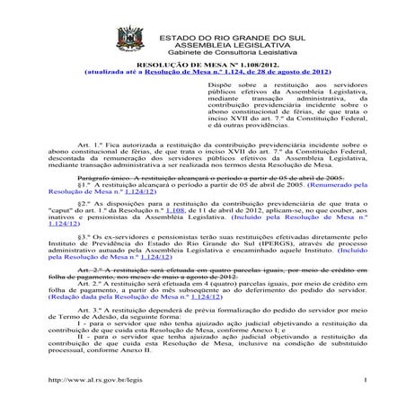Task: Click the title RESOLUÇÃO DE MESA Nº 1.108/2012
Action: pos(206,65)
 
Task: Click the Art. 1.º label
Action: pos(92,144)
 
